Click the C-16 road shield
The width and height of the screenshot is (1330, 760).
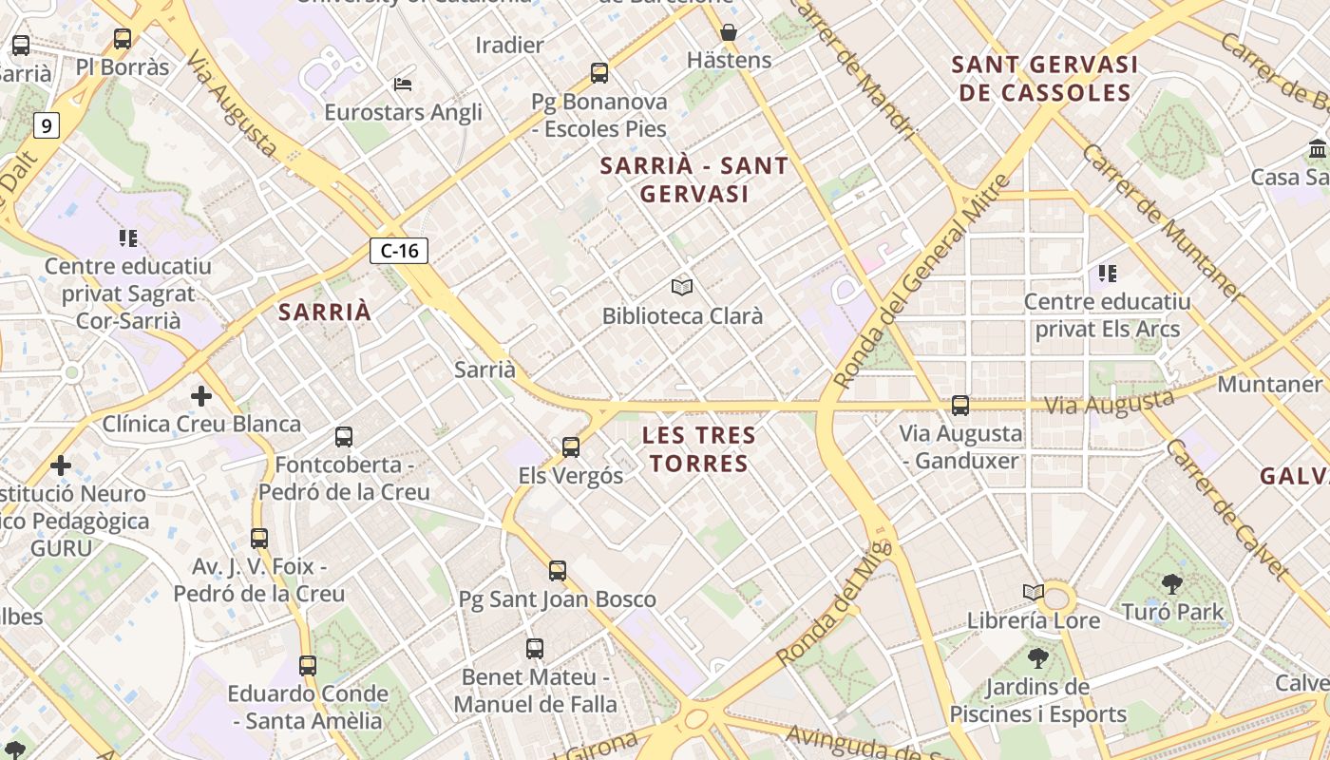(399, 251)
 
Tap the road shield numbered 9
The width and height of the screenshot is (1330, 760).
(47, 124)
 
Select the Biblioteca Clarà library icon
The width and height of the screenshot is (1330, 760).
(682, 287)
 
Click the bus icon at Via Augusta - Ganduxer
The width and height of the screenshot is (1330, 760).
(960, 406)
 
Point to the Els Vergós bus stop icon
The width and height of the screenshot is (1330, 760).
(571, 446)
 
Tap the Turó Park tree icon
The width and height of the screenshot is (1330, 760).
(1172, 583)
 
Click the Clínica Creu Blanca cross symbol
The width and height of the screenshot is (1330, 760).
(201, 395)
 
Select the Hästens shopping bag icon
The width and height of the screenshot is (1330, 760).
(729, 32)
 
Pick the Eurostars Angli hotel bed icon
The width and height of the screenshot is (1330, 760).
(403, 84)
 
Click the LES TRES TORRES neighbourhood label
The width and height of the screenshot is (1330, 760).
(698, 449)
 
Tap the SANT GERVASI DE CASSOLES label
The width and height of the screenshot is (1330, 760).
(1044, 79)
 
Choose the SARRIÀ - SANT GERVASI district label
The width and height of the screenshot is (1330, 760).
(694, 180)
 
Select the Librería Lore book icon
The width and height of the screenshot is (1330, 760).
(1034, 592)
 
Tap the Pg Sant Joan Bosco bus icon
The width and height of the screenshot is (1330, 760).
(558, 571)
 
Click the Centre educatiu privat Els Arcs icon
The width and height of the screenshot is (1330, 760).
(1107, 274)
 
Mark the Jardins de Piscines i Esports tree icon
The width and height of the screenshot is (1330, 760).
(1038, 657)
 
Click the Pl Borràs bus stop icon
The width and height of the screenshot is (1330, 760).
(123, 39)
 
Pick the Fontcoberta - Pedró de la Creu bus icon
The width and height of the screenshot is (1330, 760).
(344, 437)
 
